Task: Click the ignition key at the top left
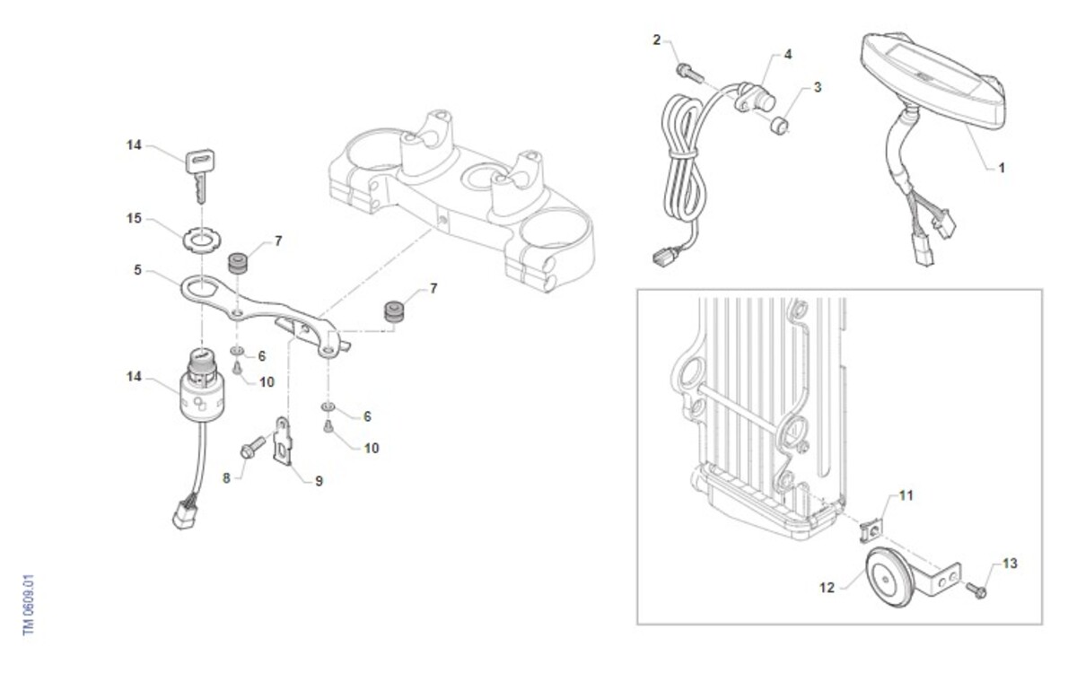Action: point(200,174)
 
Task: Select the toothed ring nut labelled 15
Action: point(202,239)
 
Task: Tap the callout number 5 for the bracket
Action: point(138,270)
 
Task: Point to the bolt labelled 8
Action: point(252,447)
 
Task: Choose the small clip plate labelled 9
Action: point(284,441)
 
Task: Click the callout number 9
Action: point(319,481)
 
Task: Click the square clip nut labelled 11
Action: point(871,530)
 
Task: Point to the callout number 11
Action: point(906,495)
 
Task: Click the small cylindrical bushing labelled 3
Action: point(779,126)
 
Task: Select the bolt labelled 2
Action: point(689,73)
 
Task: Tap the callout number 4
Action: point(788,55)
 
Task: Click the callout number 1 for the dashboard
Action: point(1002,169)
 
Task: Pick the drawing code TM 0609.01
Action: point(29,605)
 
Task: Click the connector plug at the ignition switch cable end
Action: point(184,514)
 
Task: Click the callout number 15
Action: point(134,219)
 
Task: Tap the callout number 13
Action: point(1010,564)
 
